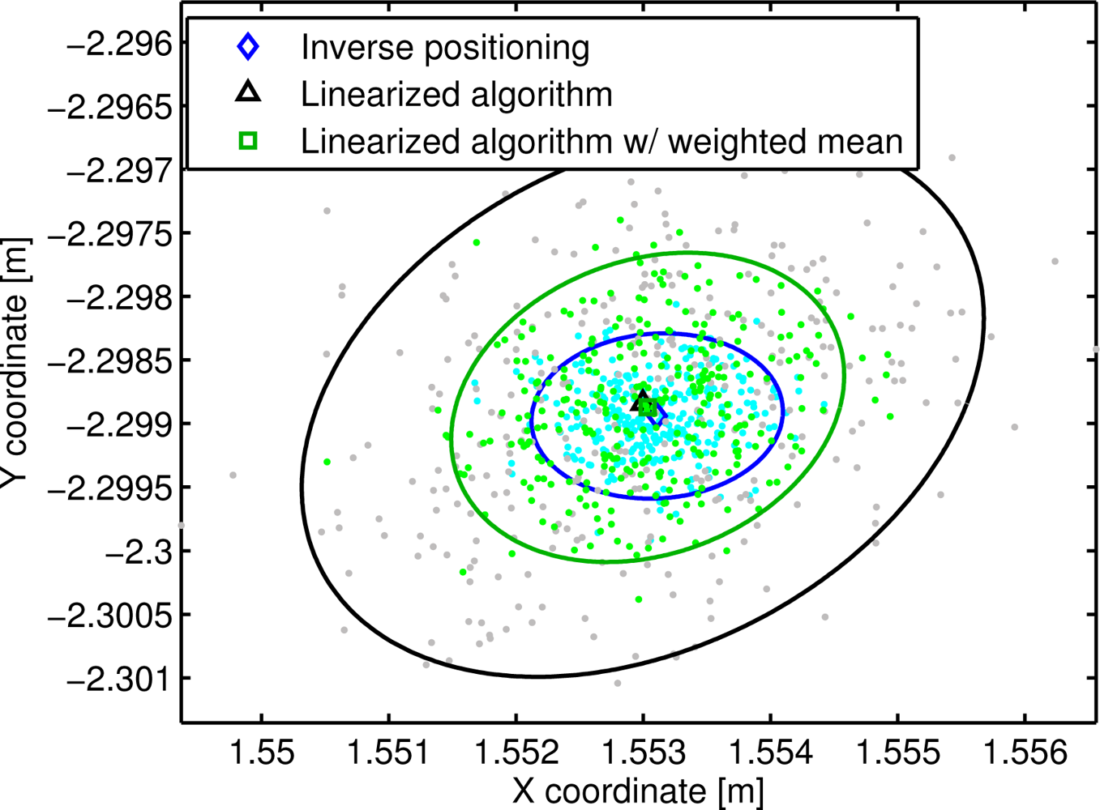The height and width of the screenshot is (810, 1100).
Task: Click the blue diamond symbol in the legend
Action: (x=248, y=47)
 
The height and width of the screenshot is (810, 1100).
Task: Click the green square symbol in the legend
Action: (x=248, y=141)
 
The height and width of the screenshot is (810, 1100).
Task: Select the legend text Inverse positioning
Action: (x=445, y=48)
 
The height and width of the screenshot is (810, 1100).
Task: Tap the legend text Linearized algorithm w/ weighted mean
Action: (x=601, y=142)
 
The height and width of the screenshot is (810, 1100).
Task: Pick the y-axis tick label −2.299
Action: (x=120, y=424)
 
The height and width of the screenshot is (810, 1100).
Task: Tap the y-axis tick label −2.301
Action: (x=120, y=678)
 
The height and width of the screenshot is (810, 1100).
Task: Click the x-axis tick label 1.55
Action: (x=262, y=752)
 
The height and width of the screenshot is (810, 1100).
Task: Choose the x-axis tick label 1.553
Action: (x=644, y=752)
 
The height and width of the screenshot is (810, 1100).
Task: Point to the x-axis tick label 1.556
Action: (x=1025, y=752)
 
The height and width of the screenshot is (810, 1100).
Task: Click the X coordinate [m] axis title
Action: (x=638, y=791)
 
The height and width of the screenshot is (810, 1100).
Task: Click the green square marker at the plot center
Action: (x=647, y=407)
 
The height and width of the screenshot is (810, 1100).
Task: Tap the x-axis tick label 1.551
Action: (x=389, y=752)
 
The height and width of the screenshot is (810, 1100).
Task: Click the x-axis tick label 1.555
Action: (x=898, y=752)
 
